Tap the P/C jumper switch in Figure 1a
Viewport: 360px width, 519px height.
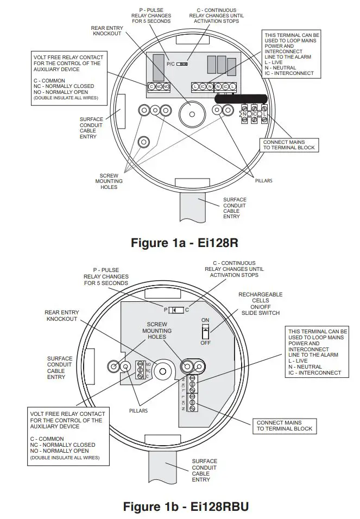tap(183, 64)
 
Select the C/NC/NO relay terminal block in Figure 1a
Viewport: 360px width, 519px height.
tap(159, 86)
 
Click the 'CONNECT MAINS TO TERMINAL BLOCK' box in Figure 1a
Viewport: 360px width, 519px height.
tap(289, 145)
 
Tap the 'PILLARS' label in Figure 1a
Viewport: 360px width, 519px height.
tap(263, 180)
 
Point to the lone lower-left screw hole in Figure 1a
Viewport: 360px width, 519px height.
tap(144, 142)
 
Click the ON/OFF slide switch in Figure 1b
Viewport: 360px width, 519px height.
tap(205, 332)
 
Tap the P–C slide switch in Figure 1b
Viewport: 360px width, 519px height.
tap(176, 310)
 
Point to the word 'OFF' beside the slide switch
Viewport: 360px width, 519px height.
tap(205, 343)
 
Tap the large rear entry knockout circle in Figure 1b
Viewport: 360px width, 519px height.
tap(161, 371)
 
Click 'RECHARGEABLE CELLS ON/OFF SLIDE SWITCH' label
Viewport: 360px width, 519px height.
tap(260, 303)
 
